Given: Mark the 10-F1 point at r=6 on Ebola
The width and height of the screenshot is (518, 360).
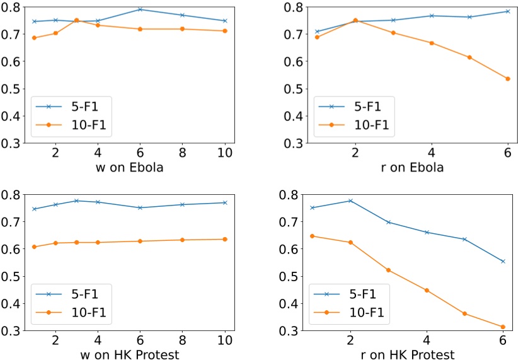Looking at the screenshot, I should tap(508, 79).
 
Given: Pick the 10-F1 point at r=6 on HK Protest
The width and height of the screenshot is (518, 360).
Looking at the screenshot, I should tap(503, 327).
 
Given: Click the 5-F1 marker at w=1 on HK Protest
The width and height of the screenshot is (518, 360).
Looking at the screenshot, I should tap(34, 209).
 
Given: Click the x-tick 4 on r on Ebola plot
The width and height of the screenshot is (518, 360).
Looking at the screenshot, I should tap(432, 153).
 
